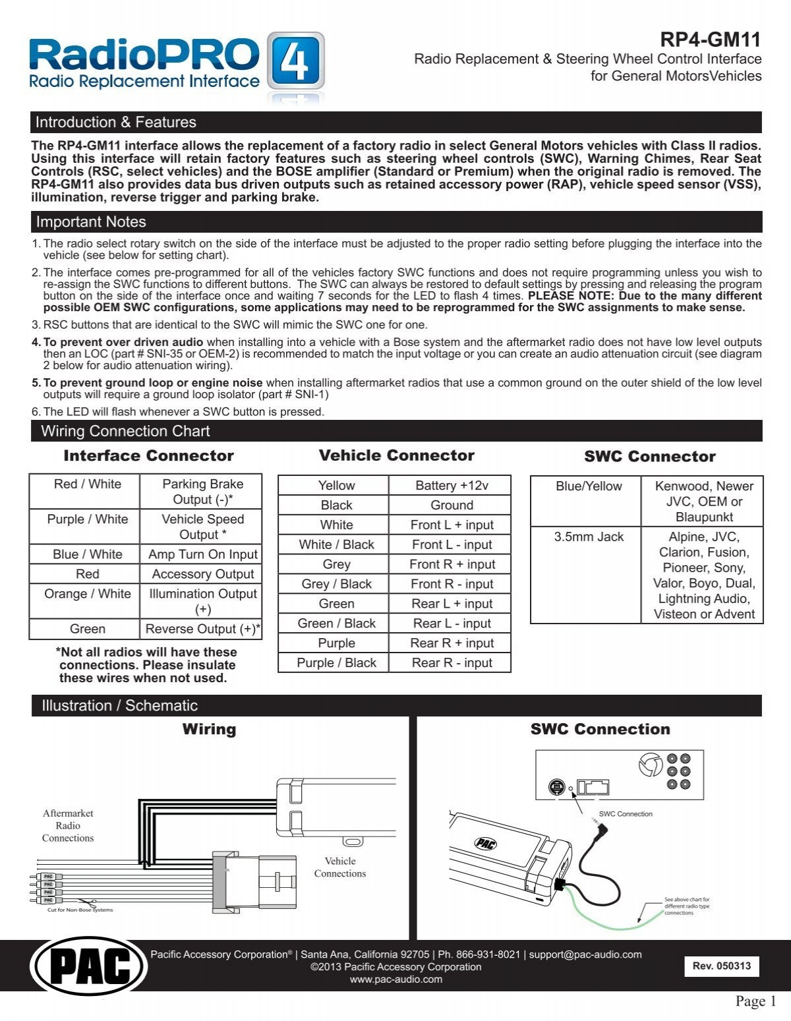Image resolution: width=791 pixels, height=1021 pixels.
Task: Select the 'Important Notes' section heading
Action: click(91, 222)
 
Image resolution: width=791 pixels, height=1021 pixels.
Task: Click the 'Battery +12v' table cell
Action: click(452, 486)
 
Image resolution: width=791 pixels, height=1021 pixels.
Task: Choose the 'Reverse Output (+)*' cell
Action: click(202, 629)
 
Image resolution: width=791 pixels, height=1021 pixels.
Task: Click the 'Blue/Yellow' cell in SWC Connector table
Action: click(588, 486)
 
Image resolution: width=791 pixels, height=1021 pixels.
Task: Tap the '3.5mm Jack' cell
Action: click(588, 537)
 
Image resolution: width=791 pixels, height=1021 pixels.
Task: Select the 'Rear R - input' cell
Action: click(452, 663)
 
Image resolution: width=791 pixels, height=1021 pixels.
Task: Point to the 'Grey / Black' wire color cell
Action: click(336, 584)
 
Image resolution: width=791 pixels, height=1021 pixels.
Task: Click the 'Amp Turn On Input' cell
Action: click(202, 554)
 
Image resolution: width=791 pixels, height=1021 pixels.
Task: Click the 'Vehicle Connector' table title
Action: click(396, 455)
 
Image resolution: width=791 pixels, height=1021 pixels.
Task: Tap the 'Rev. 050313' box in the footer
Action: click(721, 966)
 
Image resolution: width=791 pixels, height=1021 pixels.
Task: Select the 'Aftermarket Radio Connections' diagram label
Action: click(68, 825)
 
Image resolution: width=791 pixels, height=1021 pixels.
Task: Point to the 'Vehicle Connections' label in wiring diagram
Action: click(339, 867)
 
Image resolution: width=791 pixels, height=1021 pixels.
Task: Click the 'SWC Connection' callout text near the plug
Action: click(625, 814)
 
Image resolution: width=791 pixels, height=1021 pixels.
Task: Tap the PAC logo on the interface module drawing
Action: click(485, 843)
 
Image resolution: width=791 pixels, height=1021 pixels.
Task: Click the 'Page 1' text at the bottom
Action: click(755, 1002)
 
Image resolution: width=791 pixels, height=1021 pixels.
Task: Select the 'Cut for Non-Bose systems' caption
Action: click(80, 910)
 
